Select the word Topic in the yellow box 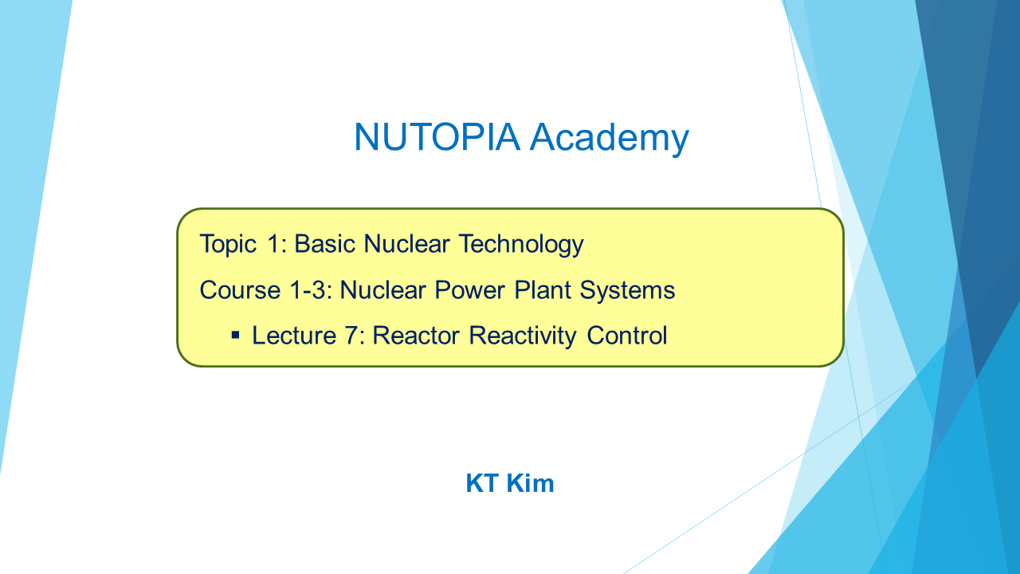[x=228, y=245]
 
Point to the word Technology [x=521, y=245]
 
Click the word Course [x=240, y=290]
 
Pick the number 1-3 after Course [x=311, y=290]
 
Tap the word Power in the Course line [x=469, y=290]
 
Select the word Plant [x=543, y=290]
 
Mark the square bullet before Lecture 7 [x=235, y=336]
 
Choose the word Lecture [x=294, y=336]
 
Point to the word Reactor [x=416, y=336]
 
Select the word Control [x=627, y=336]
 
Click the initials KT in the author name [x=482, y=483]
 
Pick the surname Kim [x=531, y=483]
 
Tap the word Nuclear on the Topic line [x=406, y=244]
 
